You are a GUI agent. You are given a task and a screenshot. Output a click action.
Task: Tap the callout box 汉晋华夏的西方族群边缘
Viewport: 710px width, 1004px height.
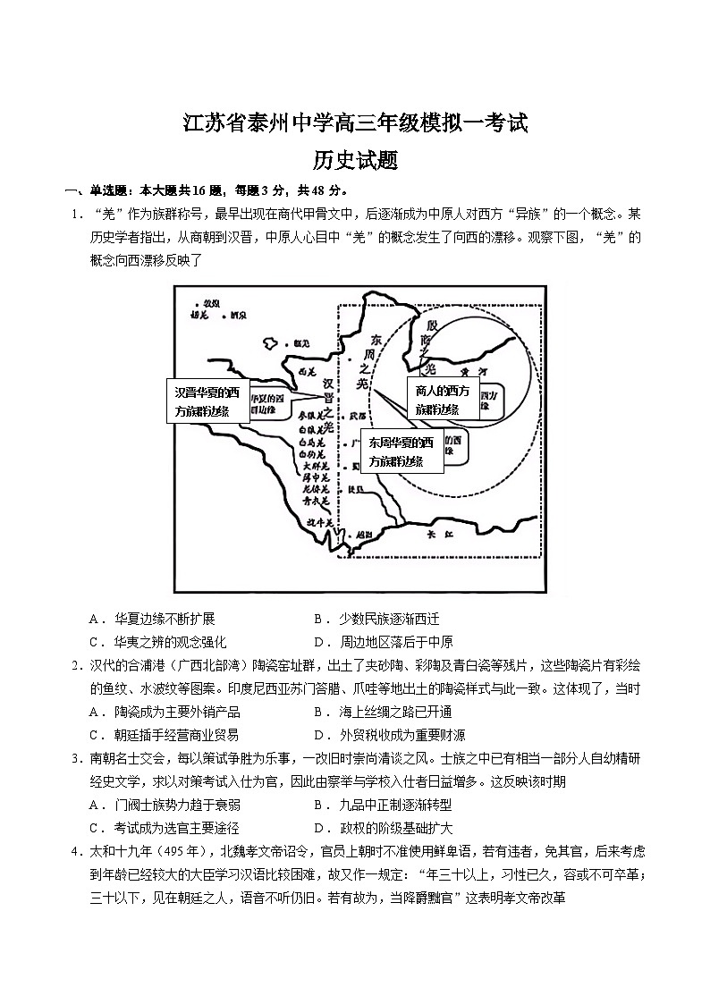pyautogui.click(x=207, y=401)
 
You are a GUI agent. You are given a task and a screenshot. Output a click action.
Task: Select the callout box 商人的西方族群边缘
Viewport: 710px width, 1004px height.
pyautogui.click(x=442, y=399)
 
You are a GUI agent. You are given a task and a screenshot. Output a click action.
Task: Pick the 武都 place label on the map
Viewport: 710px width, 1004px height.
pyautogui.click(x=358, y=416)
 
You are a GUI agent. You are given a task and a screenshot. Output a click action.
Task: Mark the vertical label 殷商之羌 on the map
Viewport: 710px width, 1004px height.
pyautogui.click(x=431, y=343)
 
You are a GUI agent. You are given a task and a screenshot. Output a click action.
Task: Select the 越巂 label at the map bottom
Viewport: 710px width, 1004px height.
pyautogui.click(x=361, y=534)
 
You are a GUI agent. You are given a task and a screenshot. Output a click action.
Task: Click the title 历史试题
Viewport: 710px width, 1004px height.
pyautogui.click(x=355, y=160)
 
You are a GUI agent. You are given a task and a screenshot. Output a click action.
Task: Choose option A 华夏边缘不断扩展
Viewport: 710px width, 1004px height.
pyautogui.click(x=152, y=619)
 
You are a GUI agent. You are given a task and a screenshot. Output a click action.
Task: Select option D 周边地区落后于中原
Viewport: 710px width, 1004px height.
pyautogui.click(x=384, y=642)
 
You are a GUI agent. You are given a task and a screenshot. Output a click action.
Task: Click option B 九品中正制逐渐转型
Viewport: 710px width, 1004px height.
pyautogui.click(x=383, y=805)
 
